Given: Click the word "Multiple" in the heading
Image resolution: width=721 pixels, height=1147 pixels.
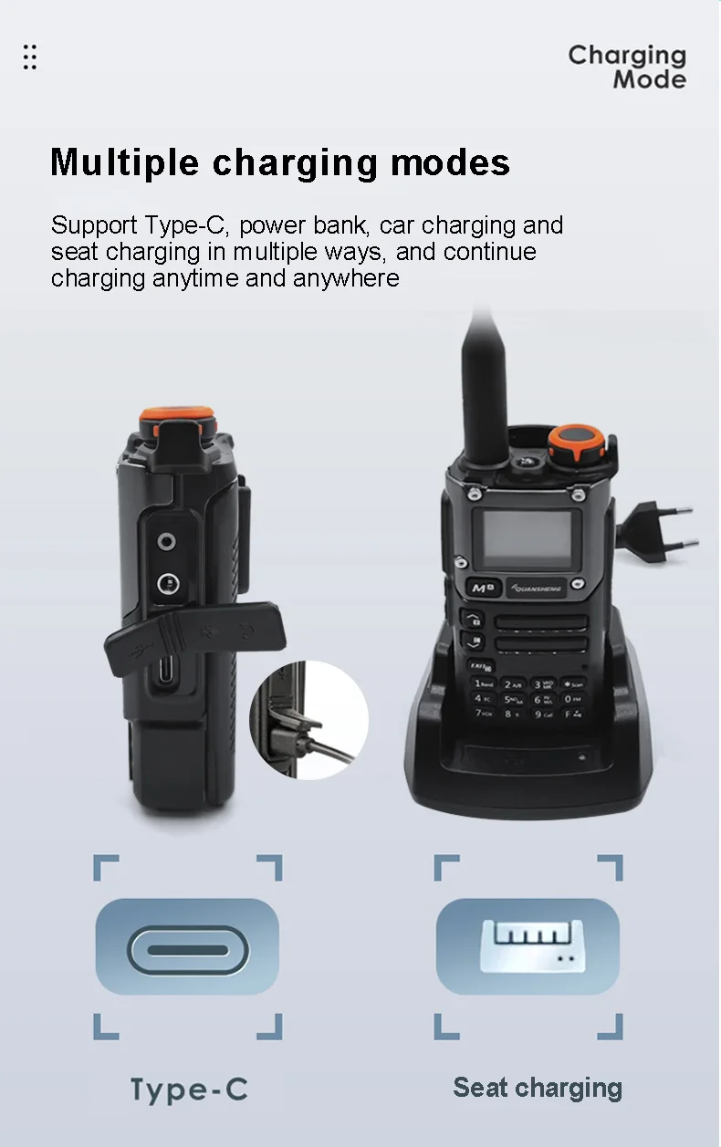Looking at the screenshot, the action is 124,162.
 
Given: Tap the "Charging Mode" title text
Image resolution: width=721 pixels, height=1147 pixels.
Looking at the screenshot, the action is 627,68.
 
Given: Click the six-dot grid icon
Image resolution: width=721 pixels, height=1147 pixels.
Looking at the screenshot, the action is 30,57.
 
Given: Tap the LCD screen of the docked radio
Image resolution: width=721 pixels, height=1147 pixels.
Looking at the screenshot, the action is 528,539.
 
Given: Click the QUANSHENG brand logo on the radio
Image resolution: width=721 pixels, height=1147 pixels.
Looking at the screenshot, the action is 536,589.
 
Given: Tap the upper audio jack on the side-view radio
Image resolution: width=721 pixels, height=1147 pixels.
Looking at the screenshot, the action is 166,541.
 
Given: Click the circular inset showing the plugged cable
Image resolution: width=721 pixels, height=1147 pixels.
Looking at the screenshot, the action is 308,721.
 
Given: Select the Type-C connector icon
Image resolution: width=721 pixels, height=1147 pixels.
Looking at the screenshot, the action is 187,950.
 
